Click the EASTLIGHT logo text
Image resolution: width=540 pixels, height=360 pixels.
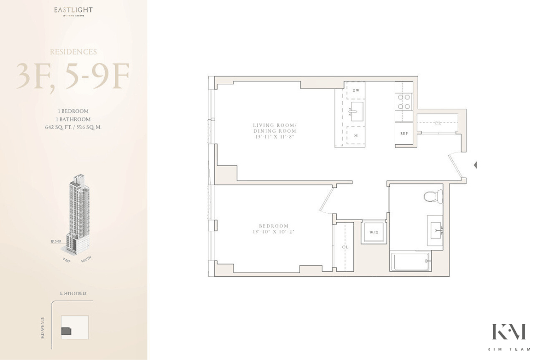74,9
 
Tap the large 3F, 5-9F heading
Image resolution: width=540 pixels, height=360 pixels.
73,77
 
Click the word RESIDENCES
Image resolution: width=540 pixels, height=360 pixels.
73,52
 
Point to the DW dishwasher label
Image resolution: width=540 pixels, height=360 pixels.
356,90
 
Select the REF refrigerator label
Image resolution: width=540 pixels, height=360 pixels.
404,134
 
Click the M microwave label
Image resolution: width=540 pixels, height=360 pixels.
356,135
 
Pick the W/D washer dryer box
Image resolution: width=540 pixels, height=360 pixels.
374,232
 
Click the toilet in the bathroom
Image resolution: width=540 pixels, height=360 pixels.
433,196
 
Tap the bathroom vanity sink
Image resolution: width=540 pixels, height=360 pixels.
435,230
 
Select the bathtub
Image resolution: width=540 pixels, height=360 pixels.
410,262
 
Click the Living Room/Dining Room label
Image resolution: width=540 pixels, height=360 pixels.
274,130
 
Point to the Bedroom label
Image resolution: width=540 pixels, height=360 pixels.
273,229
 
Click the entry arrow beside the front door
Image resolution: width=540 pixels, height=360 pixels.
475,165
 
